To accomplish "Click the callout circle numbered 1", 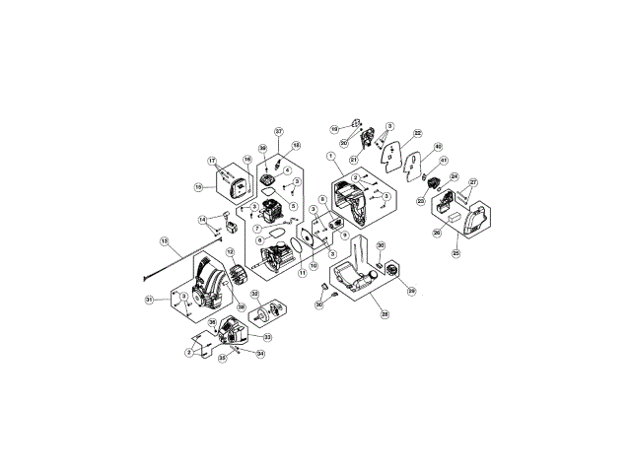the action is [332, 157].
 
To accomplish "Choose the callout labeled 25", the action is [456, 252].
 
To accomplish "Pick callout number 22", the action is [417, 133].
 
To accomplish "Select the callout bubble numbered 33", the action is [267, 337].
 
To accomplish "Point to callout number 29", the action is [412, 291].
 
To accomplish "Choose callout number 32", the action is [254, 294].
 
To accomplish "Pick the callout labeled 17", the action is [212, 161].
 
